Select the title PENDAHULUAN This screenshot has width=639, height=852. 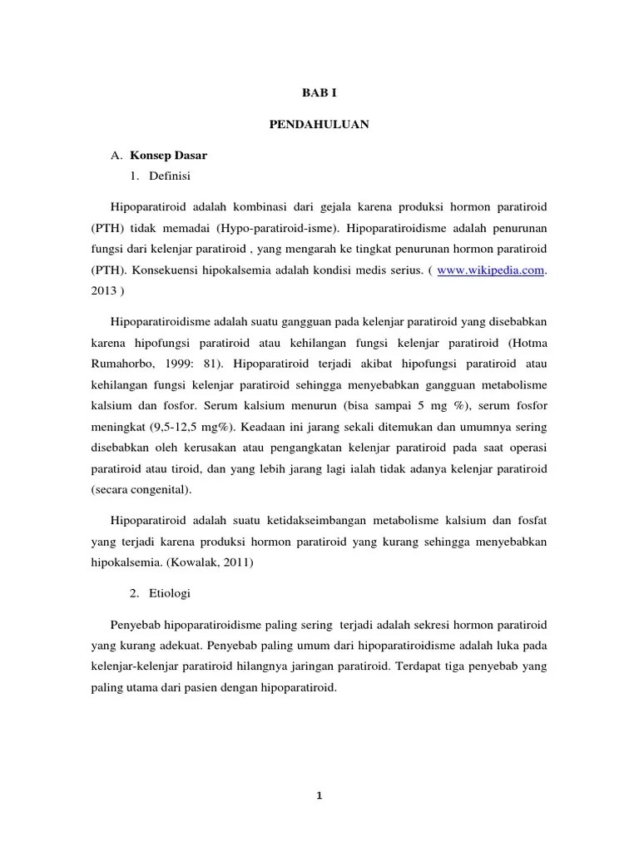coord(319,125)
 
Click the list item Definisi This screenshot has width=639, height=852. coord(170,176)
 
